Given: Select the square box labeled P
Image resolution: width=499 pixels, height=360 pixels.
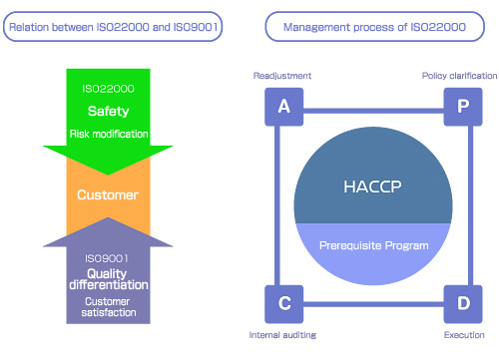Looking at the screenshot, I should [462, 107].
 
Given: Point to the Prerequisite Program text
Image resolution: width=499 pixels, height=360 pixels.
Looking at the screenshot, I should [372, 244].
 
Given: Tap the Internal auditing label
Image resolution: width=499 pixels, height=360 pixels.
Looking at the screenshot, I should [282, 336].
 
